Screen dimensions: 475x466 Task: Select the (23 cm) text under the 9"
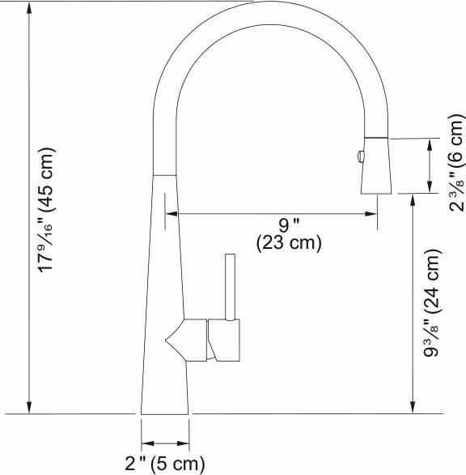(x=289, y=242)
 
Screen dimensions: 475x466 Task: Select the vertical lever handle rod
(x=230, y=288)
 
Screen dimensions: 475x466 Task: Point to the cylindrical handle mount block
(x=224, y=340)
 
